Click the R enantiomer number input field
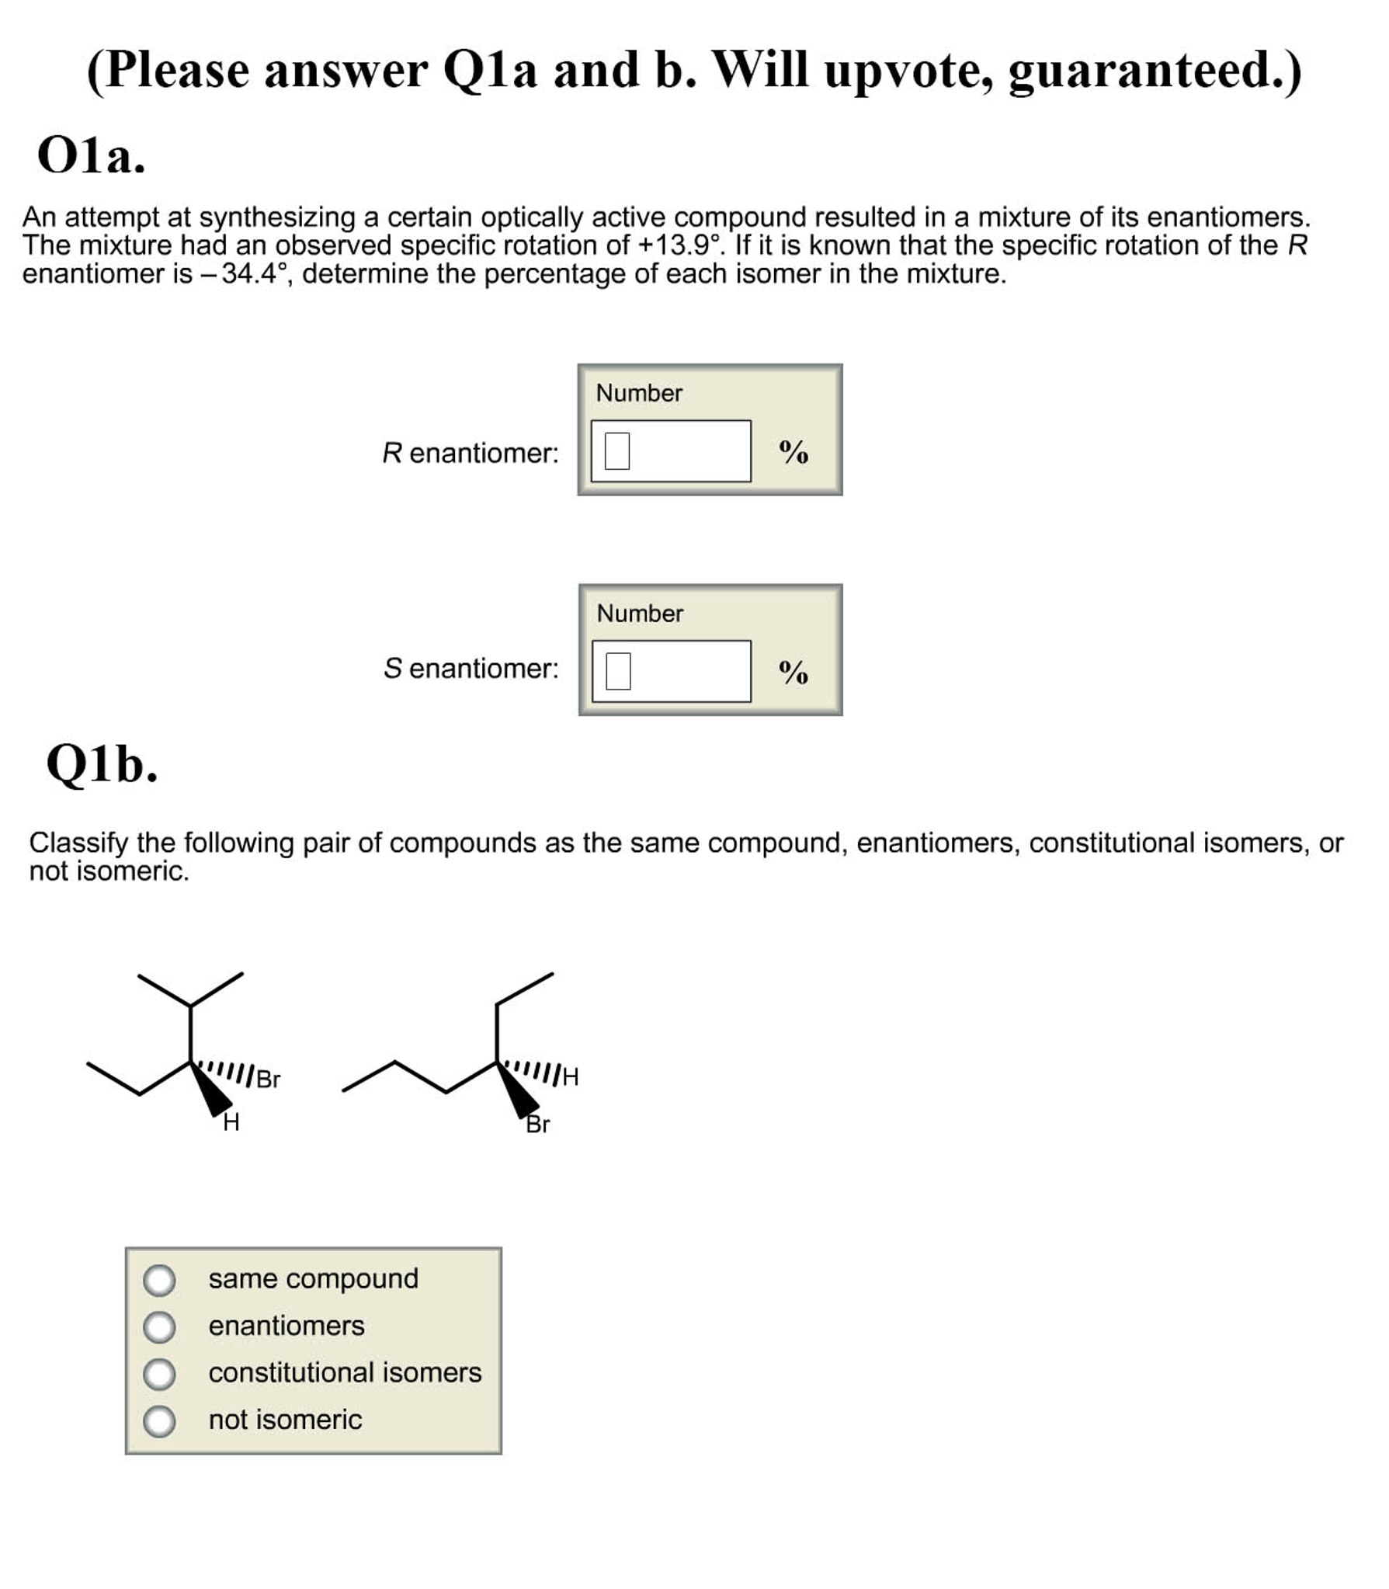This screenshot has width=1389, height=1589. tap(670, 451)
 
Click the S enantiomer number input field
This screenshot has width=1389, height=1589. tap(671, 671)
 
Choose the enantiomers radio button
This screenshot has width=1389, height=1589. tap(159, 1327)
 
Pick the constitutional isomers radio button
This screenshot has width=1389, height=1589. tap(159, 1374)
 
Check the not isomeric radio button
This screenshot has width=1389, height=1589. tap(159, 1420)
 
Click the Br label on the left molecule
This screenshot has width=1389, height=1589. tap(268, 1079)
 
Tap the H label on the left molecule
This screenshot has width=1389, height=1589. tap(231, 1122)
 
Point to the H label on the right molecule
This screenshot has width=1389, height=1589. tap(570, 1076)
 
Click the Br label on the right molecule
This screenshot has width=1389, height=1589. tap(537, 1124)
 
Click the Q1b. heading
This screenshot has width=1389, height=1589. tap(102, 764)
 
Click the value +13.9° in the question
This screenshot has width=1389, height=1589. tap(679, 245)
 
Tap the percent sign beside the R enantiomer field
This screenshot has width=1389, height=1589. tap(793, 451)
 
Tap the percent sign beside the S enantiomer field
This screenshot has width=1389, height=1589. tap(793, 672)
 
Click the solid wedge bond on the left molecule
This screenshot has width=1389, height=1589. tap(211, 1089)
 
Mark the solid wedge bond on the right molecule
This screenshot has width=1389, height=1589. tap(518, 1090)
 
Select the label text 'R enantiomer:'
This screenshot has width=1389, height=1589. tap(470, 453)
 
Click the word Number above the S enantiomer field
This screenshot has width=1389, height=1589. tap(640, 614)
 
